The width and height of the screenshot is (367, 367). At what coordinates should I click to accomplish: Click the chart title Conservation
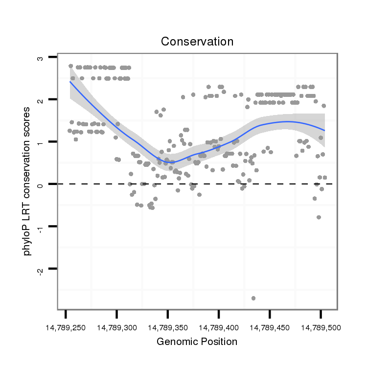coord(197,42)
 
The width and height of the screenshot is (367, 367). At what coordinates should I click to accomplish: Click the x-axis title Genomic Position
coord(197,342)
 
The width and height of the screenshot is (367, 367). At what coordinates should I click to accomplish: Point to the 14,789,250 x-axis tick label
coord(66,326)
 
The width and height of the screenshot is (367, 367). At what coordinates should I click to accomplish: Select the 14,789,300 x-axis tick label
coord(116,326)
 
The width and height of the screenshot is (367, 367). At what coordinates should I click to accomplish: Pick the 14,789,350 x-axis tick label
coord(168,326)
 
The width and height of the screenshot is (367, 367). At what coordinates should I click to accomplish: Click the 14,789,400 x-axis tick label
coord(219,326)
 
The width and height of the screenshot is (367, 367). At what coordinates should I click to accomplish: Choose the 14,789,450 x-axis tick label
coord(270,326)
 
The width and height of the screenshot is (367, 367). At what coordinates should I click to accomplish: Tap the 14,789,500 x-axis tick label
coord(321,326)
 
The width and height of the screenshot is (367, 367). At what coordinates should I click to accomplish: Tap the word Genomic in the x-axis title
coord(175,342)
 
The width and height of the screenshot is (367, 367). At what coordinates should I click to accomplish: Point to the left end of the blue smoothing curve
coord(70,82)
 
